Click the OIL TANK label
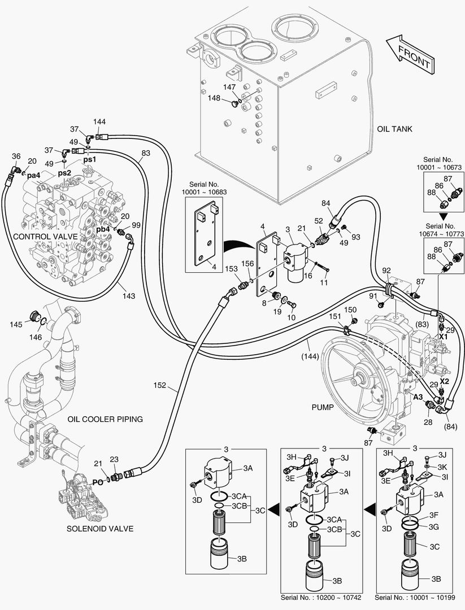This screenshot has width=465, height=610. (x=395, y=129)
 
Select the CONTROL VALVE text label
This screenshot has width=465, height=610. (x=42, y=236)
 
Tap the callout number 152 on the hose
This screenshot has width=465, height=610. (x=160, y=386)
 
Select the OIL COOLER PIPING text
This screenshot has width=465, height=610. (x=105, y=419)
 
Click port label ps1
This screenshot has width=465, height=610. (x=90, y=160)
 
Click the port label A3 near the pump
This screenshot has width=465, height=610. (x=418, y=397)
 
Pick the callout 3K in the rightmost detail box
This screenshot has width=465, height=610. (x=444, y=467)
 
